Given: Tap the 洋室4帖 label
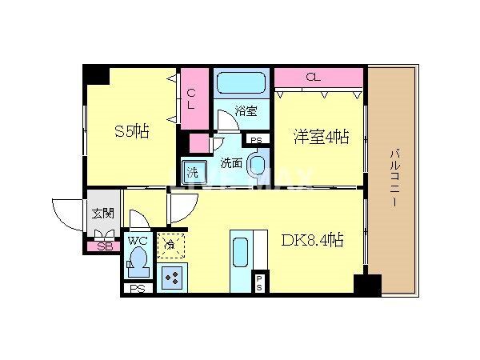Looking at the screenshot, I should pos(319,137).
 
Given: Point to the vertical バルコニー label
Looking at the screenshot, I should pos(394,180).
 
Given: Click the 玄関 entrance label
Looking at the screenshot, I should pos(102,213).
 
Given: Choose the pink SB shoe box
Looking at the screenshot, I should pos(102,246).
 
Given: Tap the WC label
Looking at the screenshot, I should pos(136,240).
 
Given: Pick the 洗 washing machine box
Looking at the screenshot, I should pos(193,170).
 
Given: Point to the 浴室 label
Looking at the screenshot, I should pos(246,111).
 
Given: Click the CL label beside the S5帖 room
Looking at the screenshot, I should pos(191,98).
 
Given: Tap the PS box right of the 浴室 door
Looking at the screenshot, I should pos(255,141).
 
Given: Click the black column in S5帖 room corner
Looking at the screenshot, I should pos(97,74).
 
